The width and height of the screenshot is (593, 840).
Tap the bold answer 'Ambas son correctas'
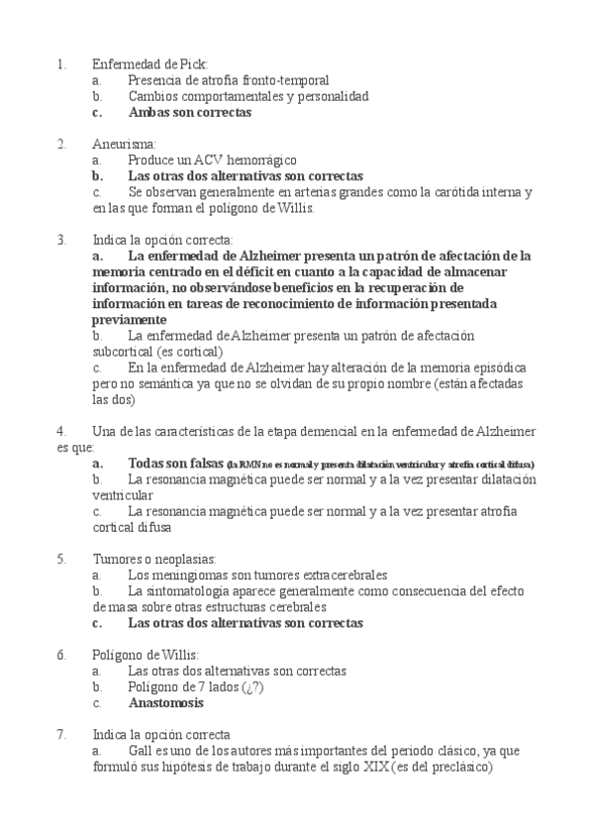tap(190, 112)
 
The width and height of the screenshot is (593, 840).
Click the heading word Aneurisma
tap(118, 144)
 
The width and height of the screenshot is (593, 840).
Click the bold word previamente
tap(130, 320)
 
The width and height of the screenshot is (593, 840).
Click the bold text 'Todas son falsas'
tap(175, 464)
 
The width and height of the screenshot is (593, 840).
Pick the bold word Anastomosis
tap(166, 703)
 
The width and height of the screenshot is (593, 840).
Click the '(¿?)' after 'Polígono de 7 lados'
tap(252, 686)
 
